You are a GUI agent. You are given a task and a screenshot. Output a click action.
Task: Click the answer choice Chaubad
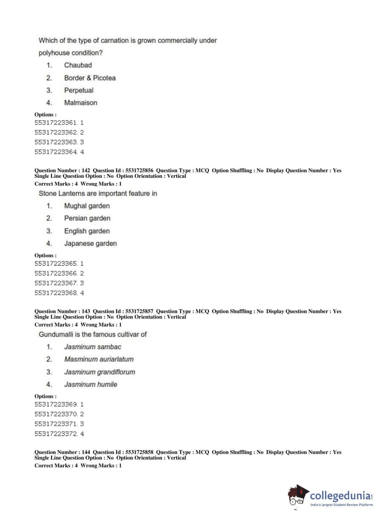point(78,65)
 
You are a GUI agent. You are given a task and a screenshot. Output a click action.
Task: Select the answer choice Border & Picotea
point(90,78)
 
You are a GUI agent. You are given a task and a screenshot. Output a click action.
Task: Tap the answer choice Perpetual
point(78,90)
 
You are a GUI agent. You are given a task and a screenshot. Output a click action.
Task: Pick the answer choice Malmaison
point(80,103)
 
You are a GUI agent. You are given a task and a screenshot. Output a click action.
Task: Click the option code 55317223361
point(56,123)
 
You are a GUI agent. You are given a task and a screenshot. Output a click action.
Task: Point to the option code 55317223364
point(56,152)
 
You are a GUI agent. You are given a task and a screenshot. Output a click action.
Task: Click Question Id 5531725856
point(139,170)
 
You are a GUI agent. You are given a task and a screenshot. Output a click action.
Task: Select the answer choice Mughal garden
point(87,206)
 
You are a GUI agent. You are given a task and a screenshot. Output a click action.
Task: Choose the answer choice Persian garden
point(87,218)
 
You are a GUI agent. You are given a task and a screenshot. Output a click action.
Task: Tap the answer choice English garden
point(87,231)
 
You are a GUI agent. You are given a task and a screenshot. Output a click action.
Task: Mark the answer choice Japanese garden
point(90,244)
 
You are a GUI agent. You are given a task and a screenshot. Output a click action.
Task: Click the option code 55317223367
point(56,283)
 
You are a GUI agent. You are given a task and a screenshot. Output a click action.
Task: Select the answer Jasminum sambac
point(92,347)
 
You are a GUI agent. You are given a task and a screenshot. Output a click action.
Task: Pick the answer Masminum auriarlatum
point(99,359)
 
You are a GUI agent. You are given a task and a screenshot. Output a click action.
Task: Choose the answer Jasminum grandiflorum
point(99,372)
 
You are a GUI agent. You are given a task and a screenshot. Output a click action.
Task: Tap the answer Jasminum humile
point(90,384)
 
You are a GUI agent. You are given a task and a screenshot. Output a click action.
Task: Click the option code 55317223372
point(56,434)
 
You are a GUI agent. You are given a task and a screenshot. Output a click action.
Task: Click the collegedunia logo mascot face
point(297,496)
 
